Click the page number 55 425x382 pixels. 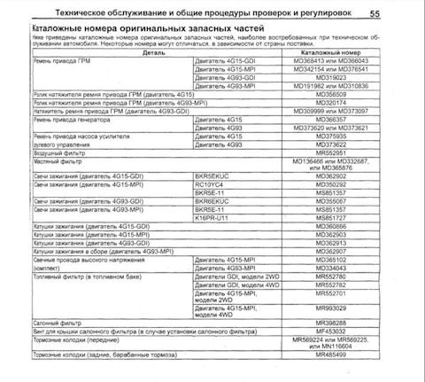[x=400, y=13]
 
